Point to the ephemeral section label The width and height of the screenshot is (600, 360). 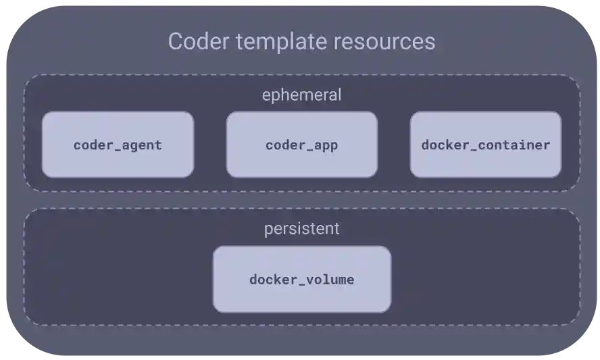(301, 95)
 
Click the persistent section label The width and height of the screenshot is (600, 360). (301, 229)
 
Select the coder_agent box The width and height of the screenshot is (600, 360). (118, 145)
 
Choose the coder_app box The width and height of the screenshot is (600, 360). (301, 145)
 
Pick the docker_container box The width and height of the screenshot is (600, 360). (485, 145)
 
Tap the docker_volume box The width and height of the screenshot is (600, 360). (301, 279)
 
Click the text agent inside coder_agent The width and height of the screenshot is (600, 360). (143, 145)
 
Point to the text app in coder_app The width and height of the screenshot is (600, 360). (326, 145)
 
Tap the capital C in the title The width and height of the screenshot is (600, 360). (174, 42)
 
